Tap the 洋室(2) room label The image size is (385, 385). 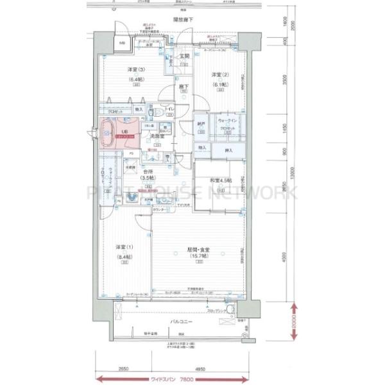220,75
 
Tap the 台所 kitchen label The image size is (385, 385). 148,171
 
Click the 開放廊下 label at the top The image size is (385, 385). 182,21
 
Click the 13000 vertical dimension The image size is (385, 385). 291,172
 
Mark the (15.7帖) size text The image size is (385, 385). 199,257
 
